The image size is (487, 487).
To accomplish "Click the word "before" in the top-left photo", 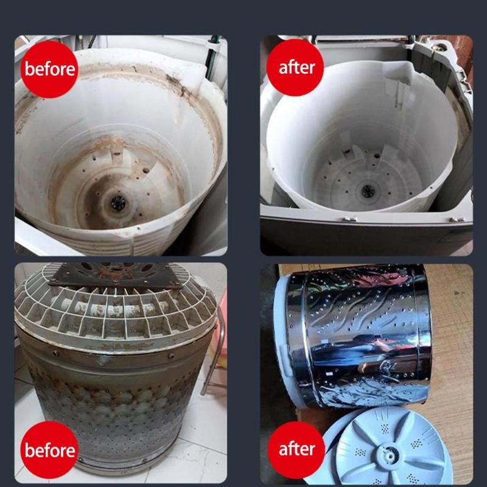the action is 50,69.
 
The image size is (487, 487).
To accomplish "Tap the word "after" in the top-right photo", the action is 296,68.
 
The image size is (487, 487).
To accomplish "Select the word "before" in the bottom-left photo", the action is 50,450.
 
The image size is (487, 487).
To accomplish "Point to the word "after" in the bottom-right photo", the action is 296,449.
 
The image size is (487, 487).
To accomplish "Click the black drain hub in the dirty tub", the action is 118,202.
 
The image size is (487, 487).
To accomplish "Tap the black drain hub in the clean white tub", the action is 368,191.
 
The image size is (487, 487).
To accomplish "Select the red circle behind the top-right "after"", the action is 295,68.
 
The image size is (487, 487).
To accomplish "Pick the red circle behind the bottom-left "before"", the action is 49,450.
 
